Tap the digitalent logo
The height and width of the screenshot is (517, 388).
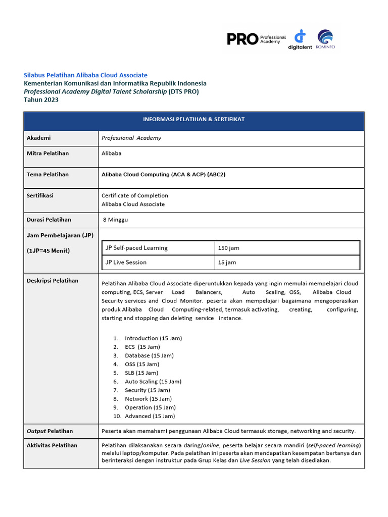301,39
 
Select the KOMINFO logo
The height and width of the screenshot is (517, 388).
325,39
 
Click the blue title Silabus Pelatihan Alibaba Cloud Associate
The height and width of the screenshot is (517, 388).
85,75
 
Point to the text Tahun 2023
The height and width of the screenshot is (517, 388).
41,100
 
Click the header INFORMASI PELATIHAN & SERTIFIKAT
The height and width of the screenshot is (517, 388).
193,119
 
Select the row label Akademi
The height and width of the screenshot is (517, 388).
38,138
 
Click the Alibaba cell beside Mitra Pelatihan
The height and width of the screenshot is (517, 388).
111,153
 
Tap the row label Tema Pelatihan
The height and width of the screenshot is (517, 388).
47,174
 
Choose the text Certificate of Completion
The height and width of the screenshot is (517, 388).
134,195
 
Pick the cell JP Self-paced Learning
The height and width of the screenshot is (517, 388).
136,248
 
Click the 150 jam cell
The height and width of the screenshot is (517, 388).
228,248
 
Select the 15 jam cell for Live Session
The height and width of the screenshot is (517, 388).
227,263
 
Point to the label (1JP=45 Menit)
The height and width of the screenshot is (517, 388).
48,251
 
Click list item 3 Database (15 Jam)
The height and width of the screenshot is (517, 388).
149,355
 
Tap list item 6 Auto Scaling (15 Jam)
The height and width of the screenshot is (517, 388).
153,382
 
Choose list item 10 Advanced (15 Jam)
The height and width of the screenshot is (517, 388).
150,416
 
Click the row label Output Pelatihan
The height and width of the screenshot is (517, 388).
50,431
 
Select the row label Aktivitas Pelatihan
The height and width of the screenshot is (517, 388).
52,445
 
